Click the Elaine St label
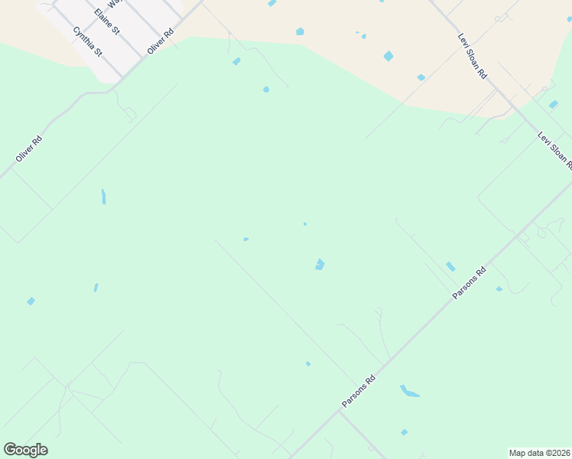(x=106, y=23)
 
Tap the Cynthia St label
(x=87, y=41)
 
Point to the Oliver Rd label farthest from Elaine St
(x=28, y=148)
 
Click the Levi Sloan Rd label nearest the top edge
(x=472, y=56)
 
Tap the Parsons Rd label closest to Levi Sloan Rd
(x=470, y=283)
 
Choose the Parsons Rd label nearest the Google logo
(x=359, y=392)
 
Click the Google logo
(x=25, y=450)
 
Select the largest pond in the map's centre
(x=320, y=264)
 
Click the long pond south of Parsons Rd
(x=409, y=392)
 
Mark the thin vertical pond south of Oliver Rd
(x=103, y=197)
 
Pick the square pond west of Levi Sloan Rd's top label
(x=388, y=56)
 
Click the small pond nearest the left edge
(x=31, y=301)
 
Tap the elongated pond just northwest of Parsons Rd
(x=450, y=266)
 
